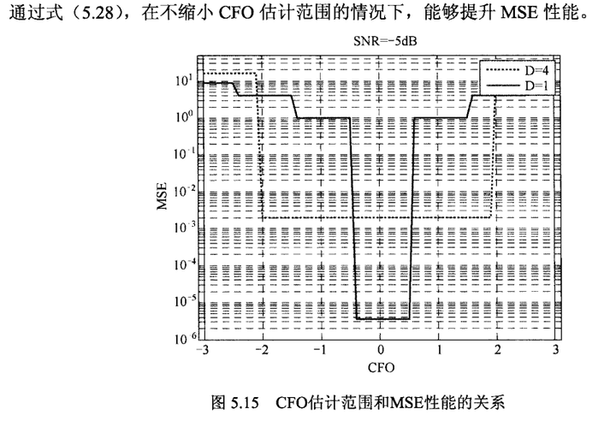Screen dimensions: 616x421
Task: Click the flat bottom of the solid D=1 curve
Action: coord(381,319)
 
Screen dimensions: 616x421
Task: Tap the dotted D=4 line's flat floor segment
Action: coord(376,218)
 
